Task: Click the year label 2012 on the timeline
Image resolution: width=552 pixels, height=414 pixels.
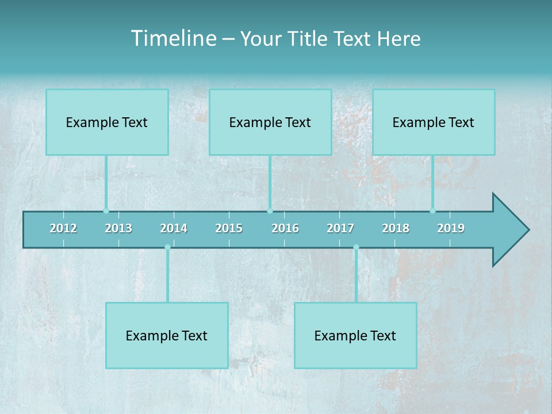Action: [x=63, y=228]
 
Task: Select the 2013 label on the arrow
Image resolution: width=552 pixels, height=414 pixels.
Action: [x=118, y=228]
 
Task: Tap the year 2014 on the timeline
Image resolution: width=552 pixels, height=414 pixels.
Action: [x=174, y=228]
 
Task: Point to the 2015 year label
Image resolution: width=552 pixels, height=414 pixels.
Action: [x=229, y=228]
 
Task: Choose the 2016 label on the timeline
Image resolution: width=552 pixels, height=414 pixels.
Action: [x=285, y=228]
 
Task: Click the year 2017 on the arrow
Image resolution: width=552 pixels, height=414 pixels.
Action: [x=340, y=228]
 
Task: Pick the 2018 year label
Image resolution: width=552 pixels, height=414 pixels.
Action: [x=396, y=228]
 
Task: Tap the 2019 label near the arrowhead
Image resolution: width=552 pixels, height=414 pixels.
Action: [x=451, y=228]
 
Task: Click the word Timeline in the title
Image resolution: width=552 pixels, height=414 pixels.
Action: [x=173, y=39]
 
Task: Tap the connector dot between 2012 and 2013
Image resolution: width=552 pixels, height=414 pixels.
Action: [x=106, y=210]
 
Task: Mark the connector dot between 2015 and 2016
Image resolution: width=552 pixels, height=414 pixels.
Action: [x=270, y=210]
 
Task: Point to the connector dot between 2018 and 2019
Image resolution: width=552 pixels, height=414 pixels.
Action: [x=433, y=210]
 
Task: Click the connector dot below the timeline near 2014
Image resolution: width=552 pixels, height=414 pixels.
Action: [x=167, y=247]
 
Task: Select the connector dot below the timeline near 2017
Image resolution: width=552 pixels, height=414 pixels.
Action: [x=356, y=247]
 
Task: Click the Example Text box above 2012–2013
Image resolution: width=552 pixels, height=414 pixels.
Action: [x=107, y=122]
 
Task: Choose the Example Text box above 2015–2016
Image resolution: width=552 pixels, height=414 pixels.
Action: [x=270, y=122]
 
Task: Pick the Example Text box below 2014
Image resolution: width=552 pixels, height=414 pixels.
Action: [x=167, y=335]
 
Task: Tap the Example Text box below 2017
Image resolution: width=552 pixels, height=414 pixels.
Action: [x=355, y=335]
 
